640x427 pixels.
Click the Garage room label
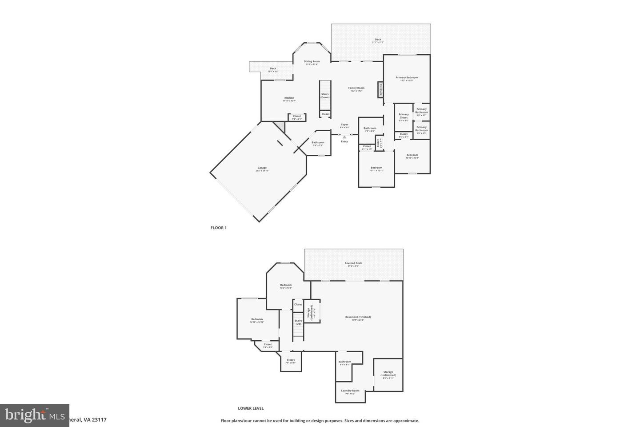[x=262, y=169]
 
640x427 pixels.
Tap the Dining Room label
[x=312, y=62]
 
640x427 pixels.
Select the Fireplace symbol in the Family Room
[x=380, y=89]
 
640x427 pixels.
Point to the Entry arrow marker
[x=344, y=137]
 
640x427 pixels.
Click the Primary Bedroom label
[x=407, y=78]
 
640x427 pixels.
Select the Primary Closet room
[x=404, y=117]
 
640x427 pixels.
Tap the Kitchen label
[x=289, y=99]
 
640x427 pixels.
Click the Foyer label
[x=344, y=125]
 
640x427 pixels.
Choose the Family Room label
[x=356, y=89]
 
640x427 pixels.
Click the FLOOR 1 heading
[x=219, y=228]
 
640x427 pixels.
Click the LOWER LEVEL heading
[x=251, y=408]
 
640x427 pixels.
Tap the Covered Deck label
[x=353, y=264]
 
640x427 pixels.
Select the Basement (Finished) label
[x=358, y=318]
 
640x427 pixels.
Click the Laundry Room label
[x=350, y=391]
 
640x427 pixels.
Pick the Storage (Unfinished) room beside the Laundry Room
[x=388, y=375]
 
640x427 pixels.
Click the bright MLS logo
[x=35, y=415]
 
